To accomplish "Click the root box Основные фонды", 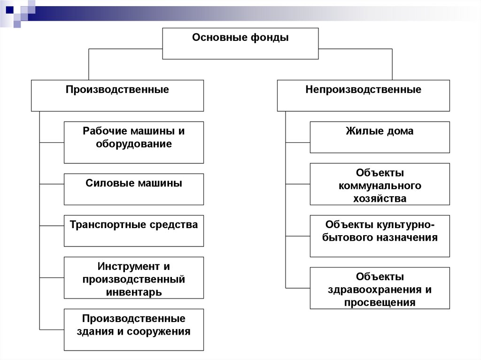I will [240, 44].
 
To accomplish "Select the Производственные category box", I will [117, 95].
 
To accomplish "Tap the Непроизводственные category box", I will [363, 95].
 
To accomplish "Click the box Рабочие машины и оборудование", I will [134, 142].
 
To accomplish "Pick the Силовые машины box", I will [134, 189].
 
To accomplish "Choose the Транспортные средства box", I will [134, 230].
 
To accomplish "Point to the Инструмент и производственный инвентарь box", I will [134, 277].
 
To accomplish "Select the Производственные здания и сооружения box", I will [134, 329].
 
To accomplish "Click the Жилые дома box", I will [380, 137].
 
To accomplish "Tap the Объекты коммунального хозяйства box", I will [380, 184].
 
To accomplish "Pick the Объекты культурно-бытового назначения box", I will [380, 236].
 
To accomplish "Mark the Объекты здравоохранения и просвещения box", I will [380, 288].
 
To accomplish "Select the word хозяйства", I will [380, 199].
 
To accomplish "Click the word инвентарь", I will [134, 292].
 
